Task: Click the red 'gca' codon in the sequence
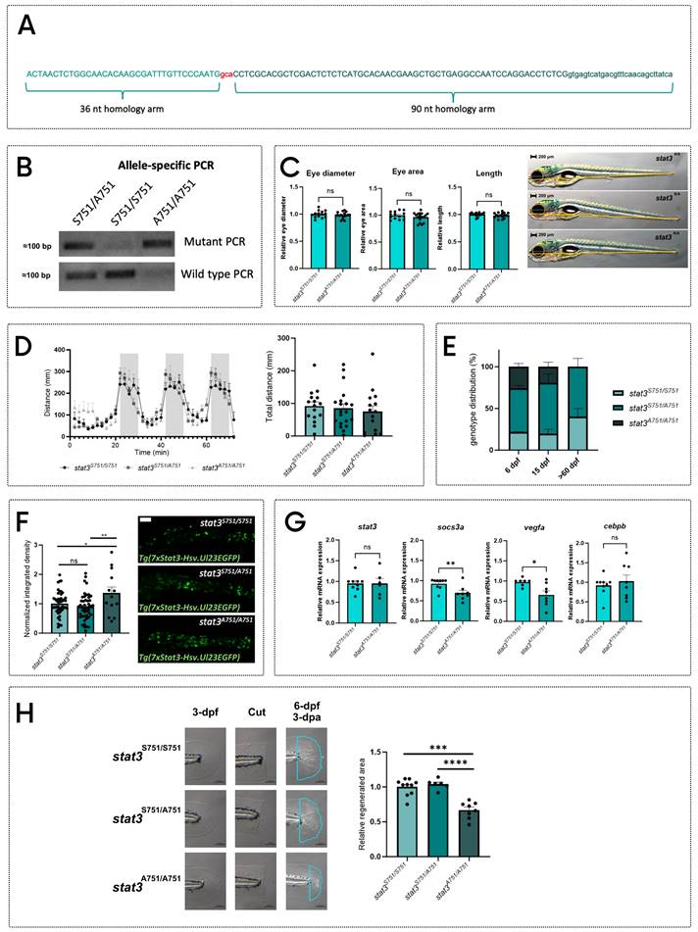226,73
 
